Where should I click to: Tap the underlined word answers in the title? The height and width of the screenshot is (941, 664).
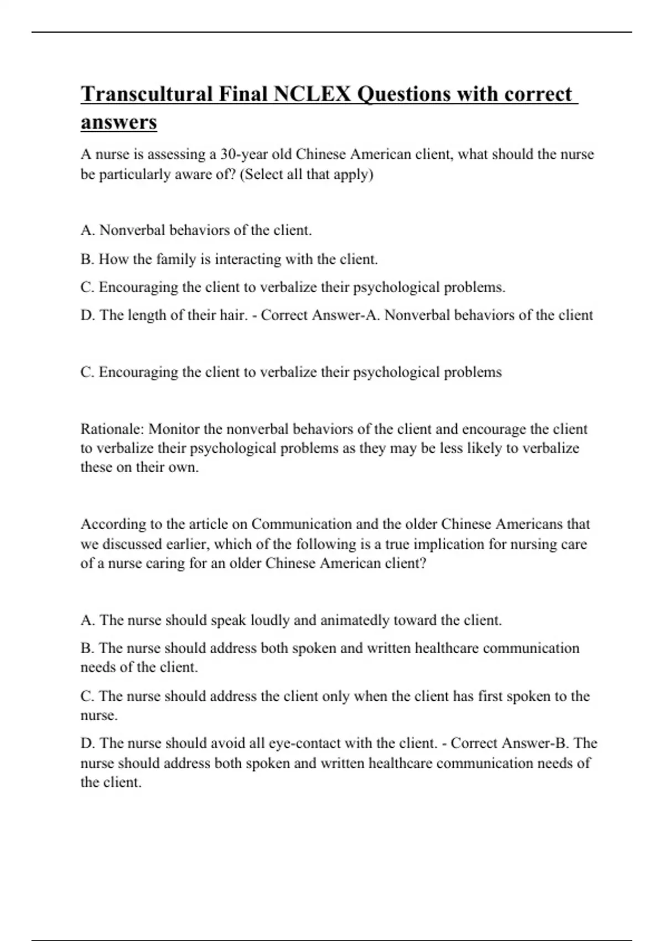[119, 122]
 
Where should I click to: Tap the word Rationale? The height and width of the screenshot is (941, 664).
[112, 429]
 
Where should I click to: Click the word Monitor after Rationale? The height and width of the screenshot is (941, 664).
[174, 429]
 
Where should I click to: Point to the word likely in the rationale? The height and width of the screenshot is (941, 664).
[484, 448]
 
